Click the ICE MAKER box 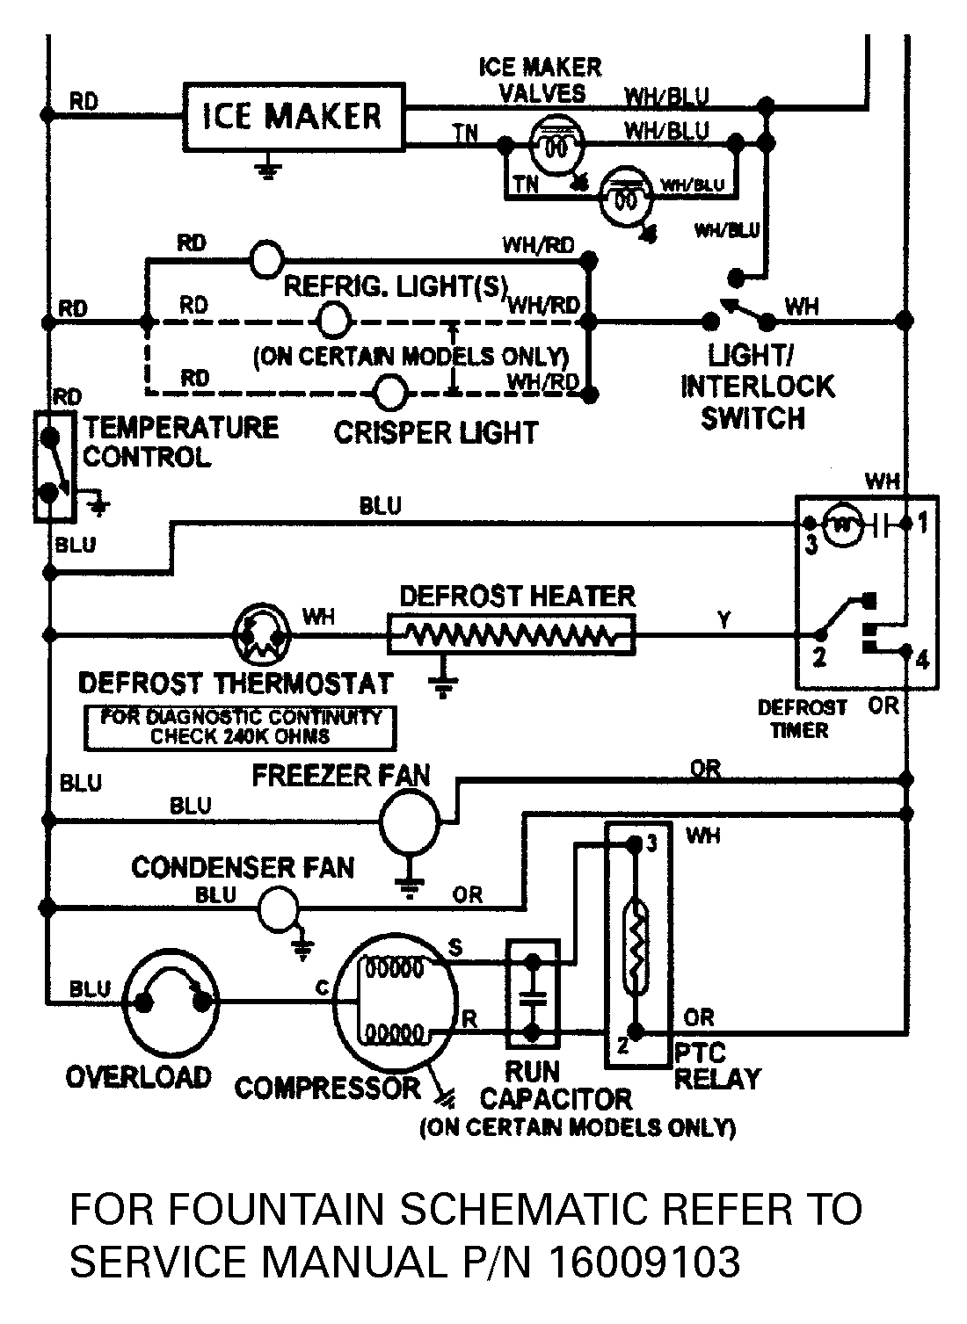293,117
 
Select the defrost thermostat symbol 261,633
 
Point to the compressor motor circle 397,1001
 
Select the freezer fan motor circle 409,820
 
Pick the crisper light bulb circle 389,393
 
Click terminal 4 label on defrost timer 922,661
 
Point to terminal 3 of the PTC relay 651,844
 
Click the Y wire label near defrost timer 723,621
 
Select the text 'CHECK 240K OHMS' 240,737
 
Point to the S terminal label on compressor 455,947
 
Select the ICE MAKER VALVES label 540,79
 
